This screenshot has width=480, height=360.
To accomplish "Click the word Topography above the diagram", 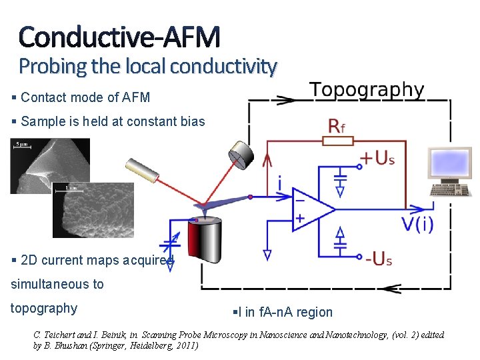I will (x=367, y=90).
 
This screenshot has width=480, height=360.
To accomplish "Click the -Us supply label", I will (x=377, y=259).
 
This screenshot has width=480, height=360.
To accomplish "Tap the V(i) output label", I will (x=417, y=223).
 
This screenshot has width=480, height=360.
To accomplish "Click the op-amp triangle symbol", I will (x=310, y=209).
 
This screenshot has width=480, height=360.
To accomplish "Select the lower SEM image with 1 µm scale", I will (x=93, y=210).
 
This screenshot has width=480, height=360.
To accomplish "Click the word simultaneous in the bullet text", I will (x=57, y=284).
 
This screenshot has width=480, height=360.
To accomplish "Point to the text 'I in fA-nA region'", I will (x=283, y=312).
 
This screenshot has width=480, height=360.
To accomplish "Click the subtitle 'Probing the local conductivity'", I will (x=147, y=67).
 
